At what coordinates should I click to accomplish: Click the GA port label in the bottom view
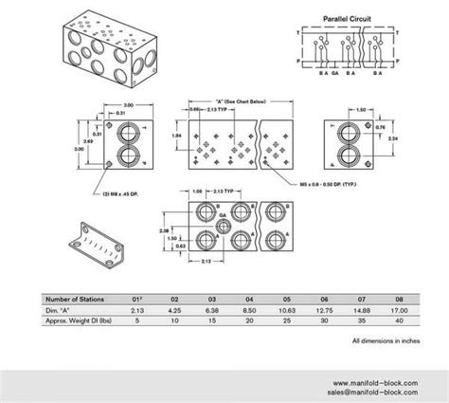224,216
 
